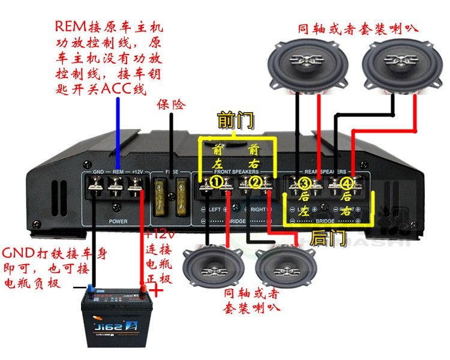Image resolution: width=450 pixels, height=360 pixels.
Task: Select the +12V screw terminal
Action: (x=136, y=191)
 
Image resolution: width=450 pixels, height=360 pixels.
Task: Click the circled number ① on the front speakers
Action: (x=216, y=181)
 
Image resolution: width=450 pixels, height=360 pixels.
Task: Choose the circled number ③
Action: (x=305, y=183)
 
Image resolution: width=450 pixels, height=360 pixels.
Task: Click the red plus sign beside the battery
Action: (x=157, y=292)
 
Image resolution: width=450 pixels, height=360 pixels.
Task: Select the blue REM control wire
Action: (x=117, y=132)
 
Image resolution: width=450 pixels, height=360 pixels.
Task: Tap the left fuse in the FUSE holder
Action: (x=161, y=196)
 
